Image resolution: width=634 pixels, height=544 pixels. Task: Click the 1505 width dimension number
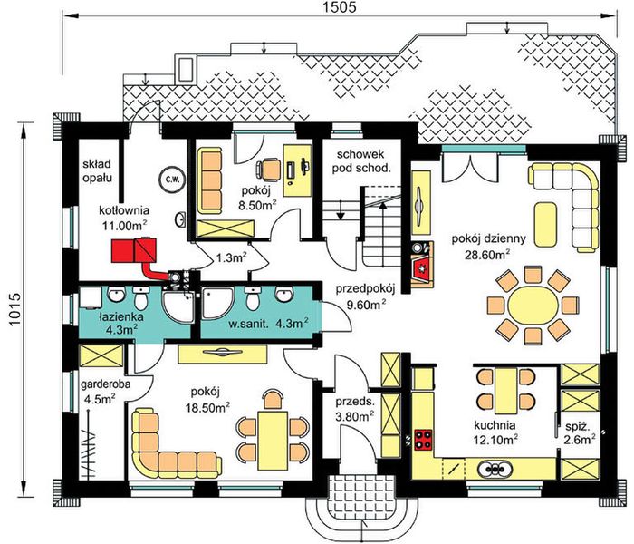click(x=340, y=7)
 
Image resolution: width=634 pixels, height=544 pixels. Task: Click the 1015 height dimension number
click(x=14, y=309)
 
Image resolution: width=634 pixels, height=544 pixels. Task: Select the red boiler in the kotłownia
click(x=134, y=250)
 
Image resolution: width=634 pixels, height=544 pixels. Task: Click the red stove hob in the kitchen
click(x=423, y=439)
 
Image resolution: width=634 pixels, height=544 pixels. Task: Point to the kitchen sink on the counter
click(x=495, y=470)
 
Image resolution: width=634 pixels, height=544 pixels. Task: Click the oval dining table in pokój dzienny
click(x=533, y=306)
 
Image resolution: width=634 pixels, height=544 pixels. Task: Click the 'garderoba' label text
click(x=106, y=384)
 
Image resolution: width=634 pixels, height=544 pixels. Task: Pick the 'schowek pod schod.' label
click(x=361, y=161)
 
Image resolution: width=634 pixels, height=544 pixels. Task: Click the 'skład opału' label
click(x=97, y=170)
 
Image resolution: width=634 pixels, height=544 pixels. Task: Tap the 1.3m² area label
click(x=231, y=257)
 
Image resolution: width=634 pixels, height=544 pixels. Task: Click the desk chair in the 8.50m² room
click(x=269, y=169)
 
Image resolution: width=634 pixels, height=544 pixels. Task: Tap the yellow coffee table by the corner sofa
click(x=545, y=225)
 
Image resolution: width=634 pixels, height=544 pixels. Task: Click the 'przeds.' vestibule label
click(x=355, y=402)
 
